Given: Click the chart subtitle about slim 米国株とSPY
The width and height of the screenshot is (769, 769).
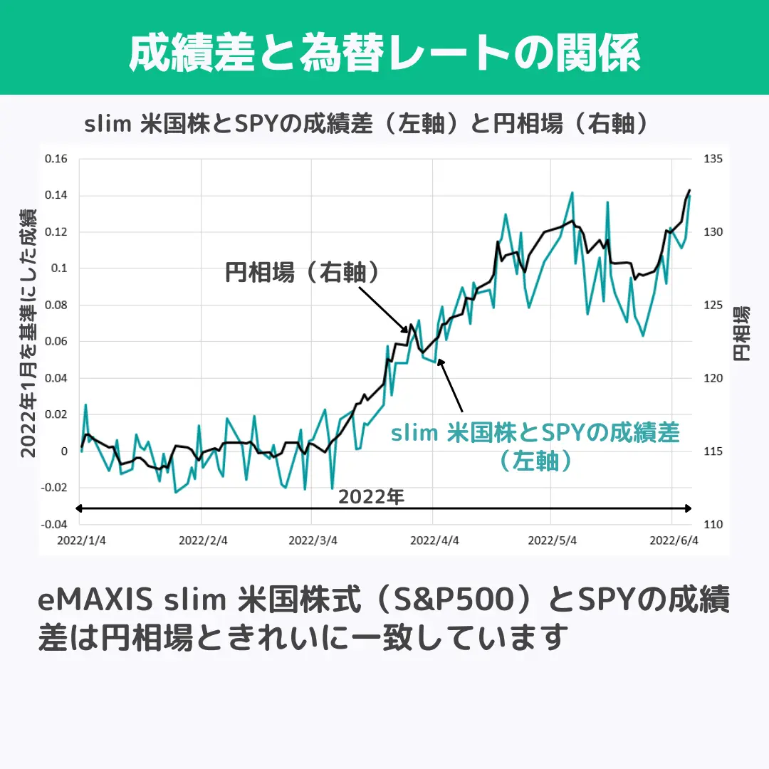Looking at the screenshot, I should tap(367, 124).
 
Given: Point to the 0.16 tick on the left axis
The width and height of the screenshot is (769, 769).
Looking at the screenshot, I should tap(56, 159).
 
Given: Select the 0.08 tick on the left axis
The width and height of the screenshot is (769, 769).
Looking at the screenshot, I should tap(56, 305).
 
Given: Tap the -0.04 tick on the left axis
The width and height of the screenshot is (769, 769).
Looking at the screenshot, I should tap(54, 525).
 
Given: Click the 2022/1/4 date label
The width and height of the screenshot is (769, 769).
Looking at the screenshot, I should tap(81, 540).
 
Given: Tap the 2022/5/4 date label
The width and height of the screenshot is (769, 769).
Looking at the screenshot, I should tap(552, 540).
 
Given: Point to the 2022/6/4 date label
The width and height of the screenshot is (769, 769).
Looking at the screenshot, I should tap(673, 540).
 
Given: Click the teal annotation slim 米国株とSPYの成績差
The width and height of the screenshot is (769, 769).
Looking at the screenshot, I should tap(535, 433).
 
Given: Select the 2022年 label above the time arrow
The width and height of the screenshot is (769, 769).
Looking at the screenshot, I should tap(371, 496).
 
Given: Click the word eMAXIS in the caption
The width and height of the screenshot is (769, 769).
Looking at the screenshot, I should tap(94, 602).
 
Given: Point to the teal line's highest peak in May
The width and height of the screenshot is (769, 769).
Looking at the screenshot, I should tap(572, 192).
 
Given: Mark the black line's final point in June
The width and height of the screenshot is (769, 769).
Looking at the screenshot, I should tap(689, 190).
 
